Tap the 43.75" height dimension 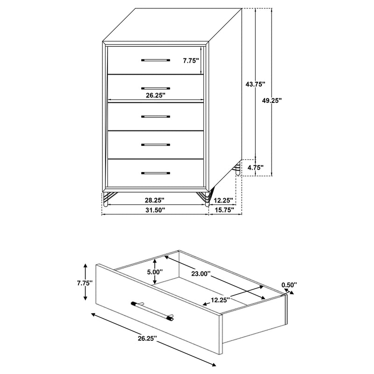(255, 84)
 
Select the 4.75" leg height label (255, 167)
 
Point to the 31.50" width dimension (156, 210)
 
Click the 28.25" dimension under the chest (156, 200)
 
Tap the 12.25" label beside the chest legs (223, 200)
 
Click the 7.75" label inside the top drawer (191, 60)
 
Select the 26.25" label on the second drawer (156, 94)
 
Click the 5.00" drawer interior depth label (154, 272)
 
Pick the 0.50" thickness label (289, 284)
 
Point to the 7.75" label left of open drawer (86, 283)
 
